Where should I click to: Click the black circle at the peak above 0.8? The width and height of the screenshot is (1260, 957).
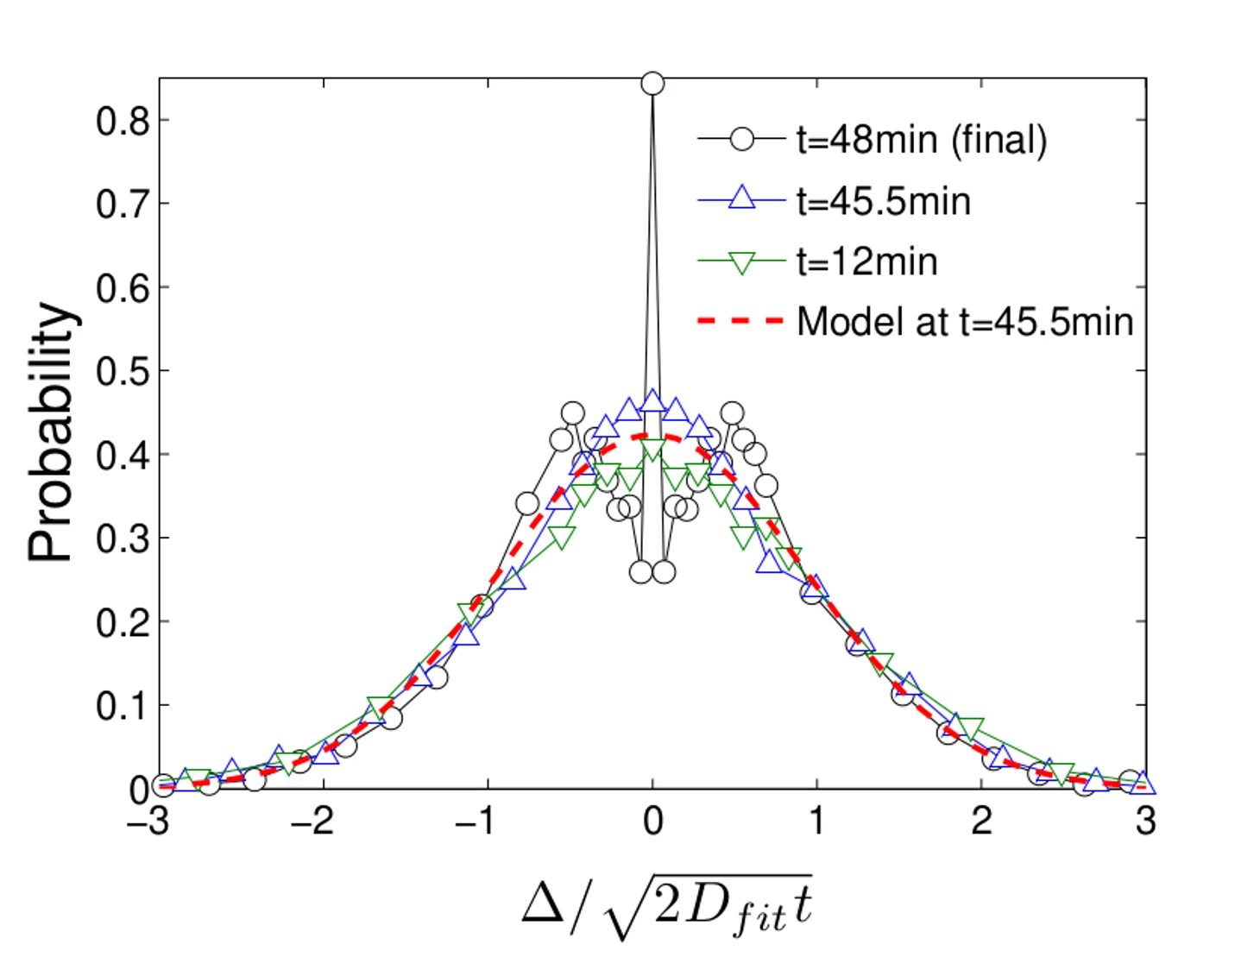[x=652, y=84]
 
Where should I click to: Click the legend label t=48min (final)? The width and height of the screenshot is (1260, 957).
[x=921, y=140]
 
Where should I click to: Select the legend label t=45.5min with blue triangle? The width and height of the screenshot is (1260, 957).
[x=883, y=201]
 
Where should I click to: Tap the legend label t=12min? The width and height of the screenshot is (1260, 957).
[x=866, y=261]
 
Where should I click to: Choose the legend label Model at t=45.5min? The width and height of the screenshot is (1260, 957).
[x=964, y=322]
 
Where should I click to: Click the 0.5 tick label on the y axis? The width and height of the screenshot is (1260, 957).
[x=123, y=372]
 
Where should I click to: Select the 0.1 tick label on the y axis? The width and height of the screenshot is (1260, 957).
[x=123, y=706]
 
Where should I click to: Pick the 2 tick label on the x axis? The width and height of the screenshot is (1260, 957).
[x=981, y=821]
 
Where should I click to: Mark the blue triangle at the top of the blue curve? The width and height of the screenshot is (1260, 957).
[x=652, y=401]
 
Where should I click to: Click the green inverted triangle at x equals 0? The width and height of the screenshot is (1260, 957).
[x=652, y=450]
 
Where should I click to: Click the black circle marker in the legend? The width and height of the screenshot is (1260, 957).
[x=741, y=139]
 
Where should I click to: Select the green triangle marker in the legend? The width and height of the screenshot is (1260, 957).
[x=741, y=262]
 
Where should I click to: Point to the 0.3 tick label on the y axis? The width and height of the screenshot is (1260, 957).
[x=123, y=538]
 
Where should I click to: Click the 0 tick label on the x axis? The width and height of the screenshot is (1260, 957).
[x=653, y=821]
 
